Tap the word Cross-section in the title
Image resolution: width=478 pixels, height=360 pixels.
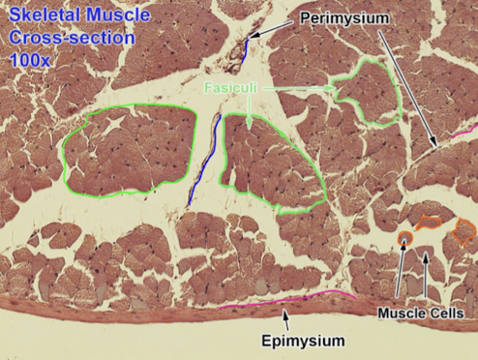tap(49, 38)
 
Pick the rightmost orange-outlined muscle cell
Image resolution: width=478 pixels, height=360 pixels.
tap(464, 230)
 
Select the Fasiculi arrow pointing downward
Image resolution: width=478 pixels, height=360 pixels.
tap(250, 109)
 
